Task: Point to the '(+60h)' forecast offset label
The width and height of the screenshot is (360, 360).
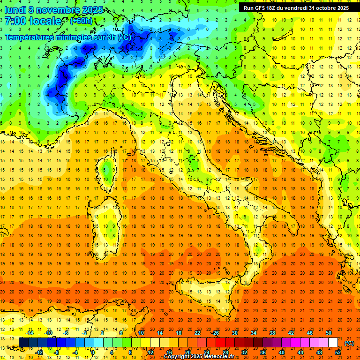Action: (81, 21)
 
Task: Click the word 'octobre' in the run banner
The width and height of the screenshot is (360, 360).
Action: (325, 8)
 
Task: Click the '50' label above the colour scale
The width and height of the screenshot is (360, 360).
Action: (329, 333)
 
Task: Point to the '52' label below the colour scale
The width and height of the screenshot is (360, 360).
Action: (338, 352)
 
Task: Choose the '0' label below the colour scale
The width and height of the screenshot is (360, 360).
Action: (93, 352)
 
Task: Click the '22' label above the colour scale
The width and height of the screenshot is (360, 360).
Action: (197, 333)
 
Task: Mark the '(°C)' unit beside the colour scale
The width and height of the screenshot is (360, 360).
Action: (349, 343)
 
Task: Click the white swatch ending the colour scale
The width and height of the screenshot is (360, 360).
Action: (333, 342)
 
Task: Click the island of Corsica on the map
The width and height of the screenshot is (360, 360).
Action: (109, 169)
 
